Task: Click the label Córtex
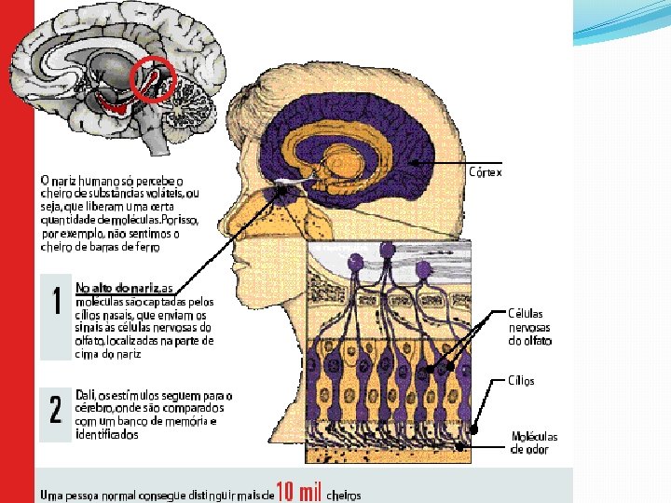[x=486, y=172]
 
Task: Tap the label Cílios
[x=521, y=381]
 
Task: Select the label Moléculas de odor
[x=534, y=442]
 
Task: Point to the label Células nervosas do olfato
[x=529, y=327]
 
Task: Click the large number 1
[x=56, y=302]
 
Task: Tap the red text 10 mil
[x=298, y=493]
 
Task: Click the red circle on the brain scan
[x=154, y=80]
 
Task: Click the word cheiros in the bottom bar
[x=343, y=495]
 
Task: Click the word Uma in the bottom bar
[x=52, y=495]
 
